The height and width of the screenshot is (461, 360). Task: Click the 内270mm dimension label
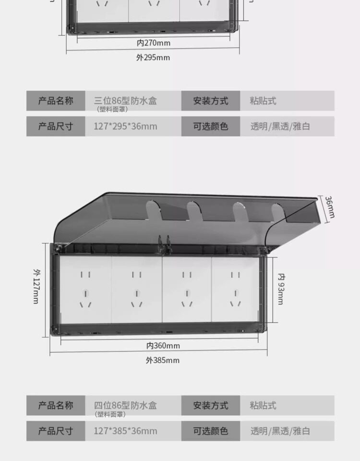(x=154, y=43)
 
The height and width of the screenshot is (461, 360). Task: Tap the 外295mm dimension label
(x=153, y=57)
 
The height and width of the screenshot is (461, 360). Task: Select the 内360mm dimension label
(x=163, y=345)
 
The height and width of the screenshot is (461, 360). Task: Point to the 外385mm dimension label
(x=163, y=360)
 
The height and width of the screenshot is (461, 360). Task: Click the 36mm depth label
(x=330, y=207)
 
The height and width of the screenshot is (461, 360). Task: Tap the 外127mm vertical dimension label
(x=36, y=286)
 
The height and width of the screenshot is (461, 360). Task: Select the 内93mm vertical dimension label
(x=281, y=289)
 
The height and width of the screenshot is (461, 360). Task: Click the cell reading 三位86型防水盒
(x=125, y=101)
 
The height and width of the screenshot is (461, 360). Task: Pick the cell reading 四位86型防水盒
(x=125, y=405)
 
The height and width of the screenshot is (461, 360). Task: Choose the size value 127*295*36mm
(x=125, y=126)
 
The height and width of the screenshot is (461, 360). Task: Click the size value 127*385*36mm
(x=125, y=431)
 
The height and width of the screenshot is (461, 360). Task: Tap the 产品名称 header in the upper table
(x=56, y=101)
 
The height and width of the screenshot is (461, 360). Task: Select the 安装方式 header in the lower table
(x=211, y=405)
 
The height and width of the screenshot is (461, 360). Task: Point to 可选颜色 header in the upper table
(x=211, y=126)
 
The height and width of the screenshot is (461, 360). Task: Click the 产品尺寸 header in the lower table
(x=56, y=431)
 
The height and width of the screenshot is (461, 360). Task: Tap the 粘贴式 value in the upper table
(x=263, y=101)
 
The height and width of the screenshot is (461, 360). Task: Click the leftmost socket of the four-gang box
(x=85, y=290)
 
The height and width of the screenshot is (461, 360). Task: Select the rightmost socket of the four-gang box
(x=235, y=289)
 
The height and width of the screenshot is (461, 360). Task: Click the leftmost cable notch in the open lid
(x=154, y=210)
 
